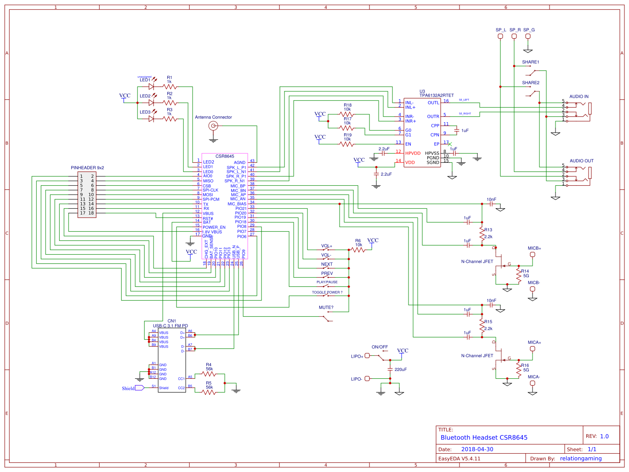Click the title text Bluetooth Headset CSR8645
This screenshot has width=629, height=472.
click(x=484, y=438)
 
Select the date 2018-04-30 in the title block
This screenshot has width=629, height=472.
click(x=477, y=449)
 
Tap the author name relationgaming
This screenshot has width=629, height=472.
click(x=581, y=458)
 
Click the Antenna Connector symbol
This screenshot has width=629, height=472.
click(x=213, y=126)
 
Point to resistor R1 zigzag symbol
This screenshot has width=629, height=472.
click(x=170, y=86)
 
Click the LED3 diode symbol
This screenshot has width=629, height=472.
click(x=151, y=119)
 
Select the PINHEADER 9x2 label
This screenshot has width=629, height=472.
click(x=87, y=168)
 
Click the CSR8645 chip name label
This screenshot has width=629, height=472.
click(x=225, y=156)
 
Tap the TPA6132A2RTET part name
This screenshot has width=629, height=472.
click(x=436, y=96)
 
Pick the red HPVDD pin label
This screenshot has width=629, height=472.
click(x=413, y=154)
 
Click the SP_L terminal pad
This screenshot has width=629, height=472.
click(x=500, y=36)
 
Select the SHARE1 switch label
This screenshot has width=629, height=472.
click(x=530, y=62)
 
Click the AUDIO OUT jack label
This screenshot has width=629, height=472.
click(x=581, y=161)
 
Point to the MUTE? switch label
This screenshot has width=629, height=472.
click(x=326, y=307)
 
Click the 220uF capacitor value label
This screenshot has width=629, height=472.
click(x=400, y=370)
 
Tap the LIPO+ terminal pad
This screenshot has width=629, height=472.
click(x=367, y=356)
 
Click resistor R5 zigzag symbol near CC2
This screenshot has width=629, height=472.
click(x=209, y=392)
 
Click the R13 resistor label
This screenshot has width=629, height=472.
click(x=488, y=230)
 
